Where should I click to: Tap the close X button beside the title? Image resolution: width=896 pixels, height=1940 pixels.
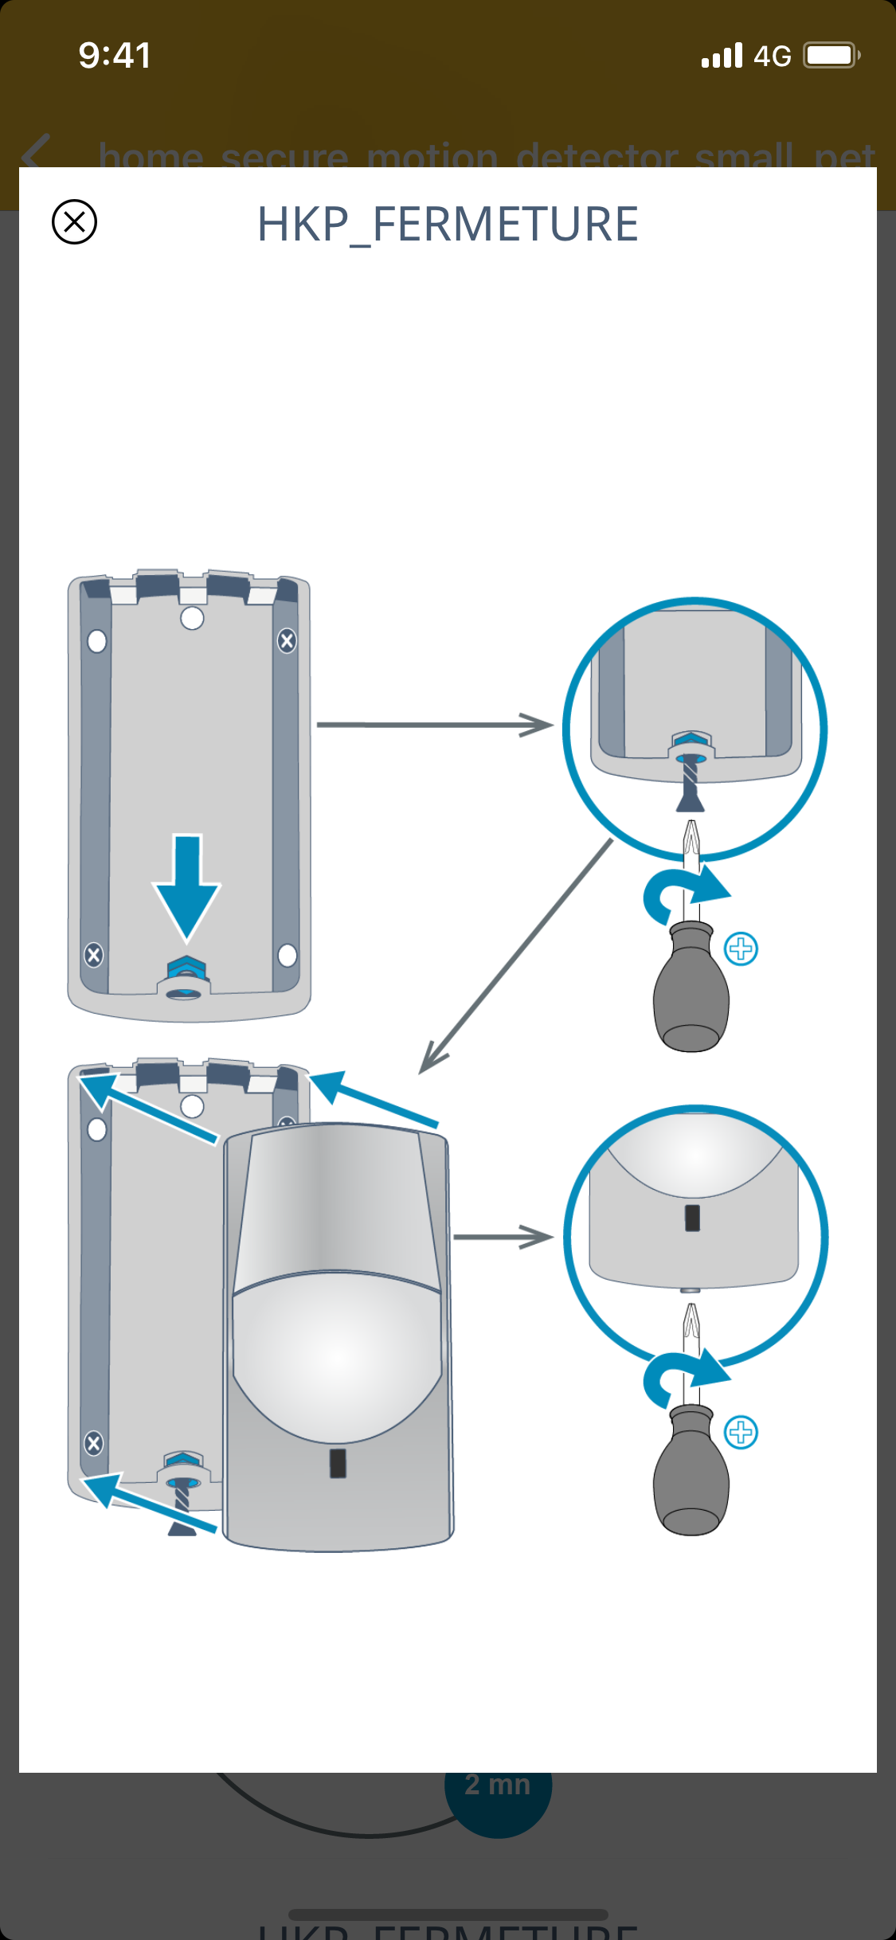[74, 221]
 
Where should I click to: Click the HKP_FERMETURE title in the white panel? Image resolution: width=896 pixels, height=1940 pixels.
[448, 224]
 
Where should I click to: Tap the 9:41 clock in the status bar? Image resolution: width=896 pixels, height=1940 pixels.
[115, 56]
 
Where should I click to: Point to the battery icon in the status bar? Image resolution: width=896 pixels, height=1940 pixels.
[831, 56]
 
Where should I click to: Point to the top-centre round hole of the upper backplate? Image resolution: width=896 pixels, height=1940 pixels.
[192, 618]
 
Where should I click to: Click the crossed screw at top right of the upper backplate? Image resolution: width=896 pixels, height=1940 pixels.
[287, 640]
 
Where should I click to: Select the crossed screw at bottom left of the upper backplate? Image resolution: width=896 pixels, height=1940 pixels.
[94, 954]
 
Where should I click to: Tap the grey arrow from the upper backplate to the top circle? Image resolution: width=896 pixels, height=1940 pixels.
[434, 725]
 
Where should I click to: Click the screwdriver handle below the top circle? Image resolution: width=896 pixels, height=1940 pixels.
[691, 992]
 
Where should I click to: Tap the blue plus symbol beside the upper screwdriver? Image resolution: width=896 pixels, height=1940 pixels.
[741, 948]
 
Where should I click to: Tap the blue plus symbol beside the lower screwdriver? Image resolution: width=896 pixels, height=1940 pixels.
[741, 1432]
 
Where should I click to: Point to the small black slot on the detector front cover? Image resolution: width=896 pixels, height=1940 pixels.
[338, 1463]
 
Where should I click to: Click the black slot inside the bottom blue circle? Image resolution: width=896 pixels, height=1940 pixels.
[692, 1218]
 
